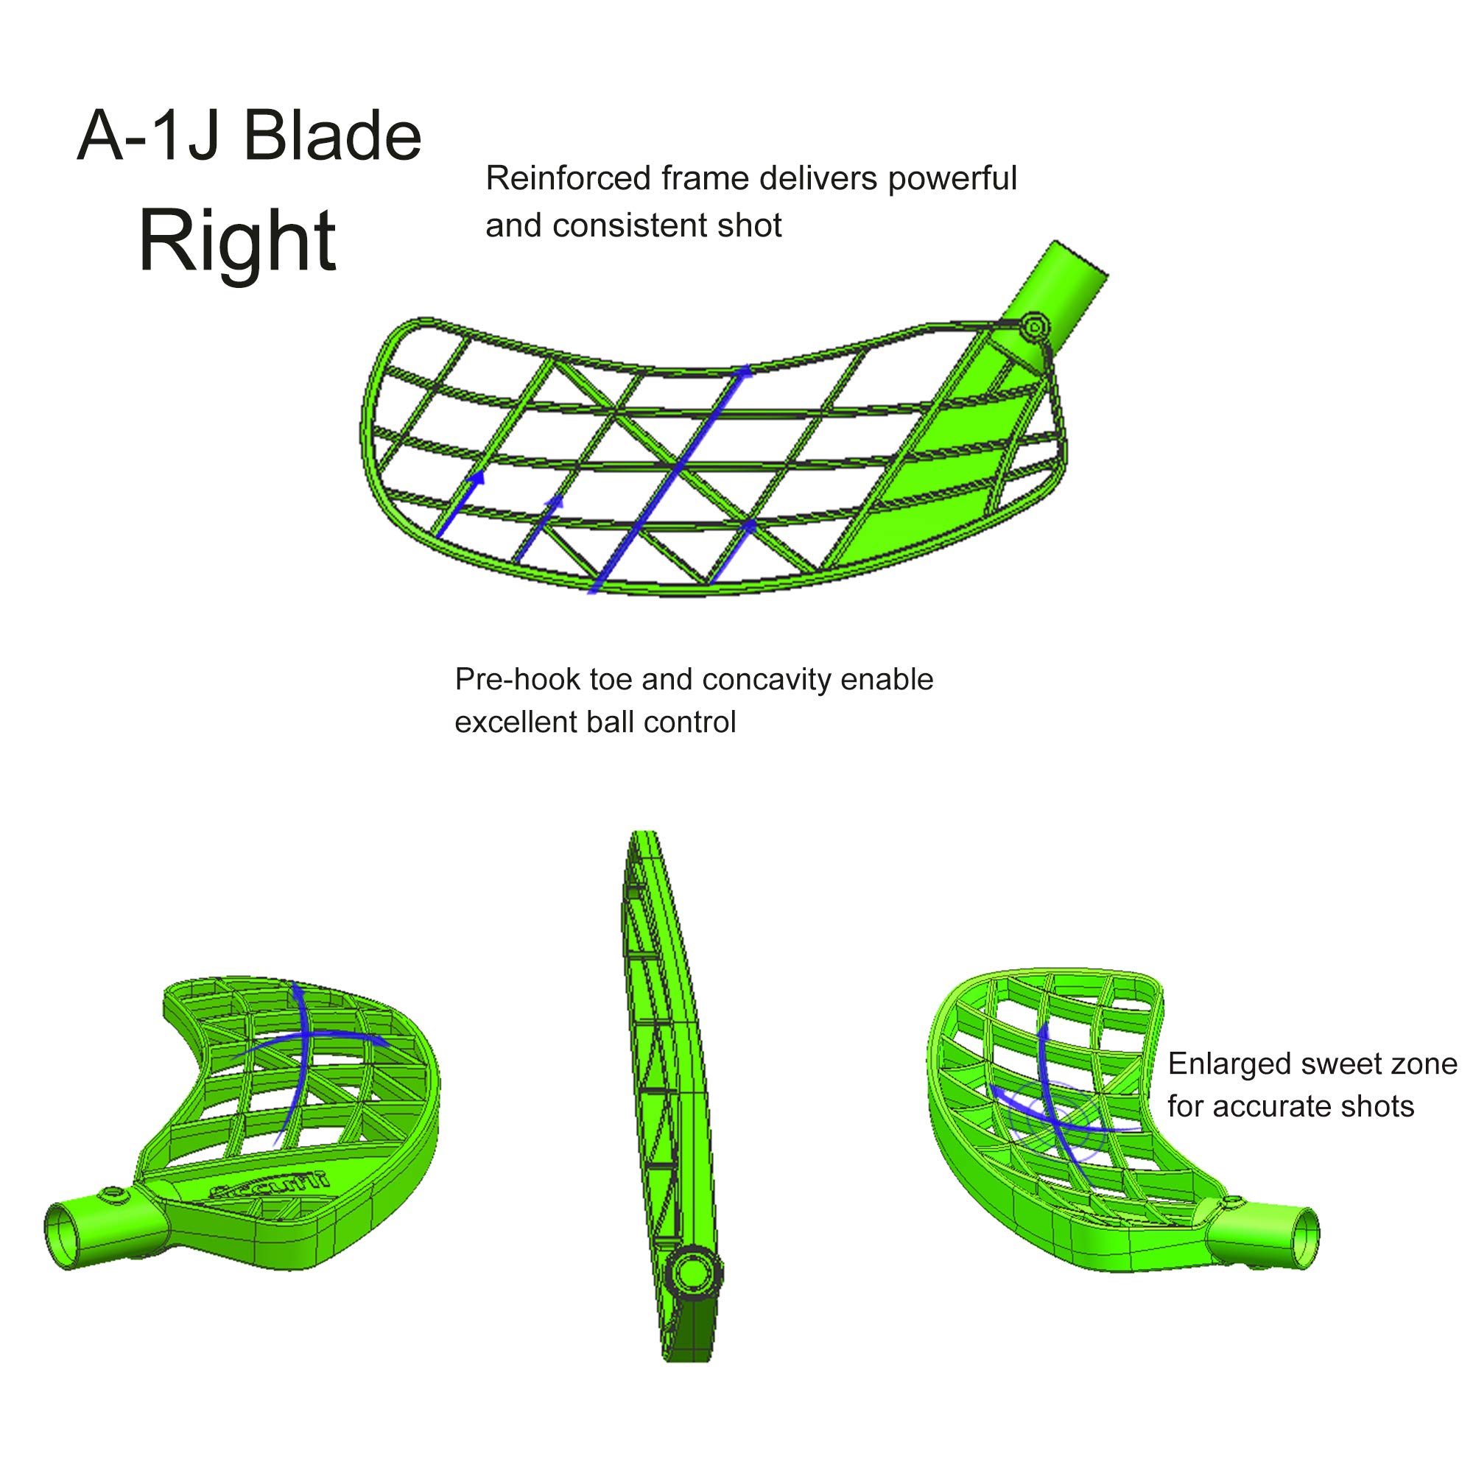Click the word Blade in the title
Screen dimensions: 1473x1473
(332, 137)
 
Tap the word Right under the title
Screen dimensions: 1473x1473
(238, 241)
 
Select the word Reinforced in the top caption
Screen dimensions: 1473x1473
(568, 178)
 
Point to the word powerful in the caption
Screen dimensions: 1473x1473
(952, 178)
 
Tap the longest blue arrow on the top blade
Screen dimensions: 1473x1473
(671, 477)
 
